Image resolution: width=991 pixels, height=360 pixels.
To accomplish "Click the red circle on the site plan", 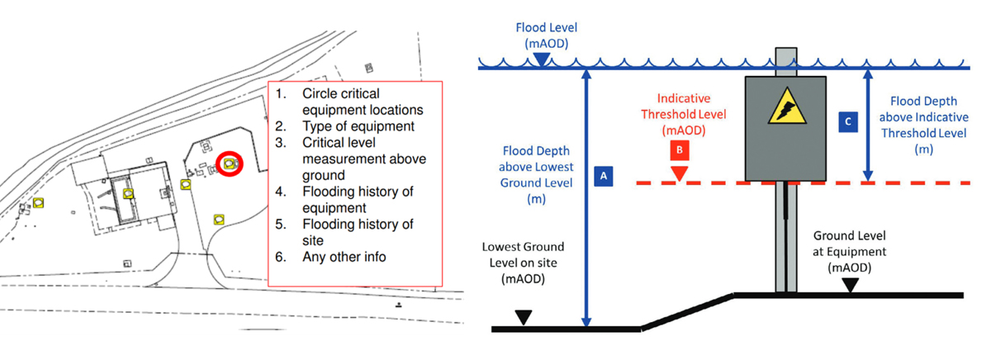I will pos(228,164).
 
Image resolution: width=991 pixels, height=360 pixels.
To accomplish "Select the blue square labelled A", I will pos(604,176).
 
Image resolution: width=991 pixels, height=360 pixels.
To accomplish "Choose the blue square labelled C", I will pos(848,121).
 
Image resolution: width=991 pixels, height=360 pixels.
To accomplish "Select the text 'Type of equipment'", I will pos(358,126).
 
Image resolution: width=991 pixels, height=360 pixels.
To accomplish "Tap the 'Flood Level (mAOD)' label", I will pos(541,31).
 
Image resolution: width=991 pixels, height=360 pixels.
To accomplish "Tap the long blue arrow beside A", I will pos(586,198).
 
